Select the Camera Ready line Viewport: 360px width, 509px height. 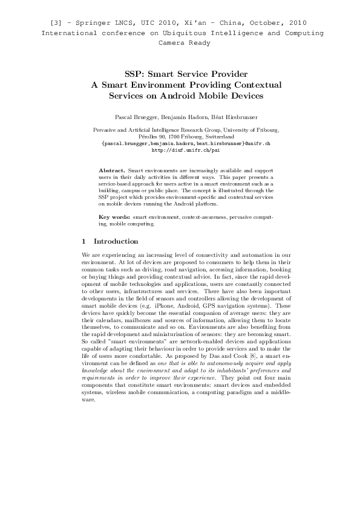point(184,43)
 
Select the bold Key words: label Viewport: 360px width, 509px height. point(114,216)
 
